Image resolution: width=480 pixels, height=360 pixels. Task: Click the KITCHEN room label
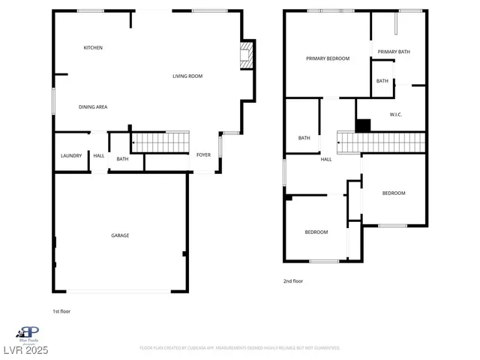[x=93, y=48]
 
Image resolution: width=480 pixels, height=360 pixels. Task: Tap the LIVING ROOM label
[x=187, y=76]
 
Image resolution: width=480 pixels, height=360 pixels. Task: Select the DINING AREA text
[x=93, y=107]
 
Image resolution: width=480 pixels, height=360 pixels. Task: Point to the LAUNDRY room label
[x=71, y=155]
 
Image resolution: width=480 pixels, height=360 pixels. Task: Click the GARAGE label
[x=120, y=235]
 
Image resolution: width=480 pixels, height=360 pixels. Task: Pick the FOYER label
[x=203, y=155]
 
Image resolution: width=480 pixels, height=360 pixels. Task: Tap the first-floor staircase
[x=159, y=141]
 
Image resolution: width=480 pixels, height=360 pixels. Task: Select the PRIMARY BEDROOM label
[x=328, y=58]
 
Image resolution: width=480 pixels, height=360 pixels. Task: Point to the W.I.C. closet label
[x=397, y=115]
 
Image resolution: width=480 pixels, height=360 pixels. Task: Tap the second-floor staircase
[x=381, y=142]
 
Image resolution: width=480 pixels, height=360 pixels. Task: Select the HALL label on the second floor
[x=326, y=159]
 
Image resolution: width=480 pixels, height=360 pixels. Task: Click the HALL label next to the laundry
[x=99, y=155]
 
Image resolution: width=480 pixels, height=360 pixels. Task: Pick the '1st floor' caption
[x=61, y=310]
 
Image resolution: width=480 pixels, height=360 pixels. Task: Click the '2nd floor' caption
[x=292, y=281]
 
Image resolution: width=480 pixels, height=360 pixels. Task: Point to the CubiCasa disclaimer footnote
[x=239, y=348]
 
